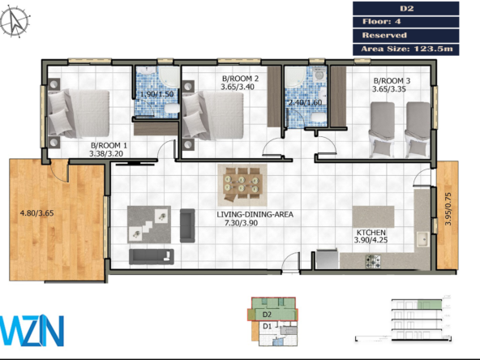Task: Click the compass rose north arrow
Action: click(x=15, y=22)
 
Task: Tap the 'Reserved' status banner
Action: click(x=406, y=35)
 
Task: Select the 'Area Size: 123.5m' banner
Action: click(x=406, y=49)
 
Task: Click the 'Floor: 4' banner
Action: click(x=406, y=22)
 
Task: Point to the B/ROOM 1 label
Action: click(x=109, y=145)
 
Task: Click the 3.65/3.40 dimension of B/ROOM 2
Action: click(x=238, y=87)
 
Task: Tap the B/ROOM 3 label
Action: click(x=392, y=81)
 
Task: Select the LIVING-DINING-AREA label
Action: click(x=255, y=214)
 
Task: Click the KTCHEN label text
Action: click(x=371, y=233)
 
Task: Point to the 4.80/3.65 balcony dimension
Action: click(x=36, y=213)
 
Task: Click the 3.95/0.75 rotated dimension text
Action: click(x=448, y=208)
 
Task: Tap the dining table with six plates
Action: click(x=242, y=184)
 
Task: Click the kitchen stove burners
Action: click(x=374, y=262)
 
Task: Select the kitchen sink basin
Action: click(x=422, y=239)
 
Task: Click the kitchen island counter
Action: click(x=373, y=216)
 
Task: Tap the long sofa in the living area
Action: click(x=152, y=256)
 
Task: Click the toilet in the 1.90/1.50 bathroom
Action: click(x=172, y=109)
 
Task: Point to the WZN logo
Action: click(x=32, y=330)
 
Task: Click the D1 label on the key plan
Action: click(x=268, y=326)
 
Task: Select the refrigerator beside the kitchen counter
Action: click(x=328, y=259)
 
